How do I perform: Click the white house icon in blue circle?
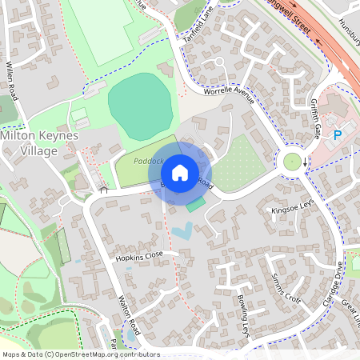pyautogui.click(x=181, y=172)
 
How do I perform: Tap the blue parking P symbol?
pyautogui.click(x=338, y=136)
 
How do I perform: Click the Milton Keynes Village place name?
pyautogui.click(x=39, y=143)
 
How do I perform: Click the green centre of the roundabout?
pyautogui.click(x=292, y=162)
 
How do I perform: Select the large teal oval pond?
pyautogui.click(x=141, y=102)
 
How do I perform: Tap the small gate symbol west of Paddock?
pyautogui.click(x=103, y=190)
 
